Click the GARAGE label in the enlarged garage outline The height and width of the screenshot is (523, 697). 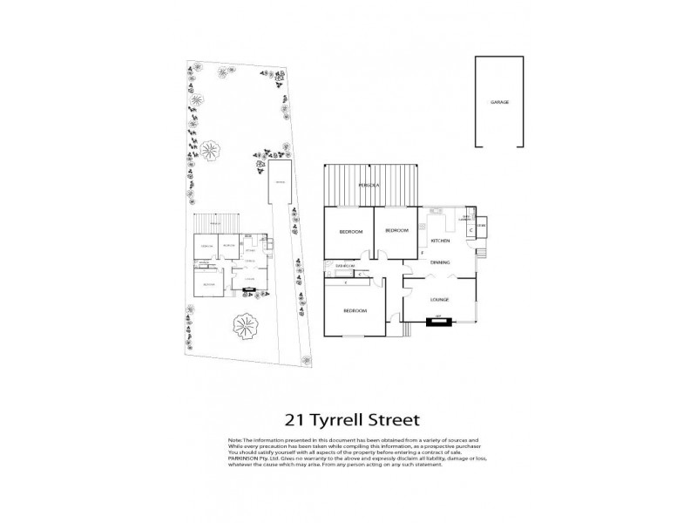[x=499, y=102]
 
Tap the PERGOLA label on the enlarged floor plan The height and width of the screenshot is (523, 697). [x=365, y=187]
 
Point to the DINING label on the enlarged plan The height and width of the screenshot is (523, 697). [x=439, y=261]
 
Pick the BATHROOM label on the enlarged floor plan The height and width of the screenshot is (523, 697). [x=341, y=265]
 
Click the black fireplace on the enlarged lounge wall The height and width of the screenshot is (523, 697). [x=439, y=322]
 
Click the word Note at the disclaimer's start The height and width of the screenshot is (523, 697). [x=233, y=442]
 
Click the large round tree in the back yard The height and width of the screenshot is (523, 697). [x=209, y=151]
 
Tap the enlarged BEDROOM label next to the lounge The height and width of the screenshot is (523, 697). [x=354, y=310]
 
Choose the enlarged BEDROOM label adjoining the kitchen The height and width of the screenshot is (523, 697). [x=396, y=230]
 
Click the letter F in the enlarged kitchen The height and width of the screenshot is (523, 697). [x=422, y=254]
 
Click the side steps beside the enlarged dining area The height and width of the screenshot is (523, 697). [x=481, y=255]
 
